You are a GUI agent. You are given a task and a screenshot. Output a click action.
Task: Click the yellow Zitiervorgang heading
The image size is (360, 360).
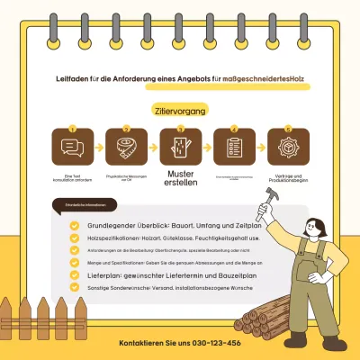[x=180, y=111]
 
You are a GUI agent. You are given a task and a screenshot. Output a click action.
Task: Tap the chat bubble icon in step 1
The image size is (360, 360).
[x=72, y=147]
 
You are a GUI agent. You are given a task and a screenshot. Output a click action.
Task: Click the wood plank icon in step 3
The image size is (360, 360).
[x=181, y=147]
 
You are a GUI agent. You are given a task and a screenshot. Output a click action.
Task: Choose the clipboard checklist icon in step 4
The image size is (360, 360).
[x=234, y=147]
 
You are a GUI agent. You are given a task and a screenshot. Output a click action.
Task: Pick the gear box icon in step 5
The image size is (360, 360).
[x=288, y=147]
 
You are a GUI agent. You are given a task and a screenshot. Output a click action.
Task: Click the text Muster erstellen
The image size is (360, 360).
[x=181, y=178]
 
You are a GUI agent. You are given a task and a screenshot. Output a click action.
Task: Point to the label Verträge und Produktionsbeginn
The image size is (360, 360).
[x=288, y=178]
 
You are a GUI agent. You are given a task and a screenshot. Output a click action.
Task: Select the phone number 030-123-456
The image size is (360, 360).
[x=179, y=344]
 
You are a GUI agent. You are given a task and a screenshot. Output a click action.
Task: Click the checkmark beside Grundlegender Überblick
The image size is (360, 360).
[x=75, y=225]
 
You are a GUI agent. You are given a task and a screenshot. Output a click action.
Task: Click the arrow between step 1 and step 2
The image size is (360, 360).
[x=98, y=147]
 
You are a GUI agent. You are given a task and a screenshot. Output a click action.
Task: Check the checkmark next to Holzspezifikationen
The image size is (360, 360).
[x=75, y=238]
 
